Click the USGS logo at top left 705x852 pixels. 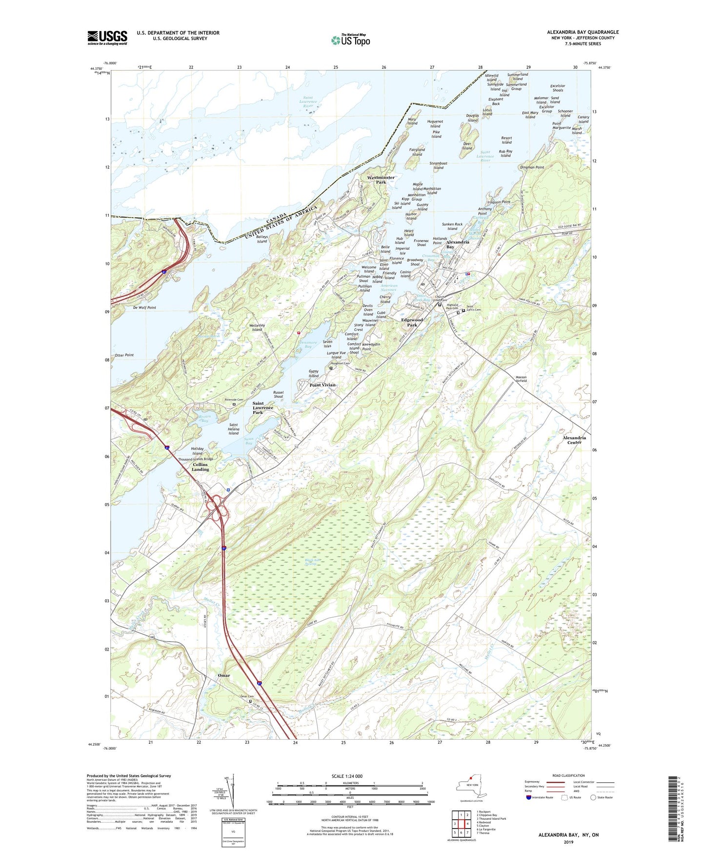[107, 37]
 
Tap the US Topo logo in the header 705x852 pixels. [350, 40]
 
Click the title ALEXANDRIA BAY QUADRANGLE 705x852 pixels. [583, 32]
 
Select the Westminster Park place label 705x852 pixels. [381, 180]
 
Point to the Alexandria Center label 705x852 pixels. [574, 440]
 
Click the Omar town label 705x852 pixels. [223, 675]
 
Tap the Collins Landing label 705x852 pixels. [200, 467]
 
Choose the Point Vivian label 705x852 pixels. [322, 385]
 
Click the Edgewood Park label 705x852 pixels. [412, 322]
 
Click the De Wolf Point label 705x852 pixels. [144, 308]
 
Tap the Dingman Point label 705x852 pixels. [532, 167]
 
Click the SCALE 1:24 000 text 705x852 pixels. [347, 776]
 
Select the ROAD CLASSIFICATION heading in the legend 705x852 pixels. [568, 775]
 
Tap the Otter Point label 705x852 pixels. [124, 355]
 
